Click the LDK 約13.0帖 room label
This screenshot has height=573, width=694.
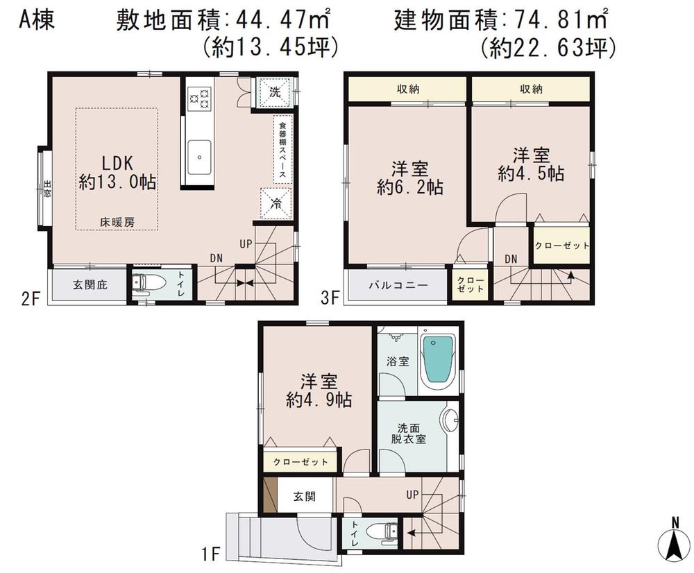click(x=117, y=173)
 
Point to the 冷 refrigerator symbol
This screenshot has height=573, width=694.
click(x=274, y=203)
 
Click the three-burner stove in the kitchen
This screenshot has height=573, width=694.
click(x=199, y=97)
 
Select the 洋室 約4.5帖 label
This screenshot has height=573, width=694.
click(x=530, y=164)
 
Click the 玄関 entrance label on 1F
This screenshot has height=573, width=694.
click(x=304, y=497)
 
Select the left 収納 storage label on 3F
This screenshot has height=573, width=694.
click(x=407, y=89)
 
